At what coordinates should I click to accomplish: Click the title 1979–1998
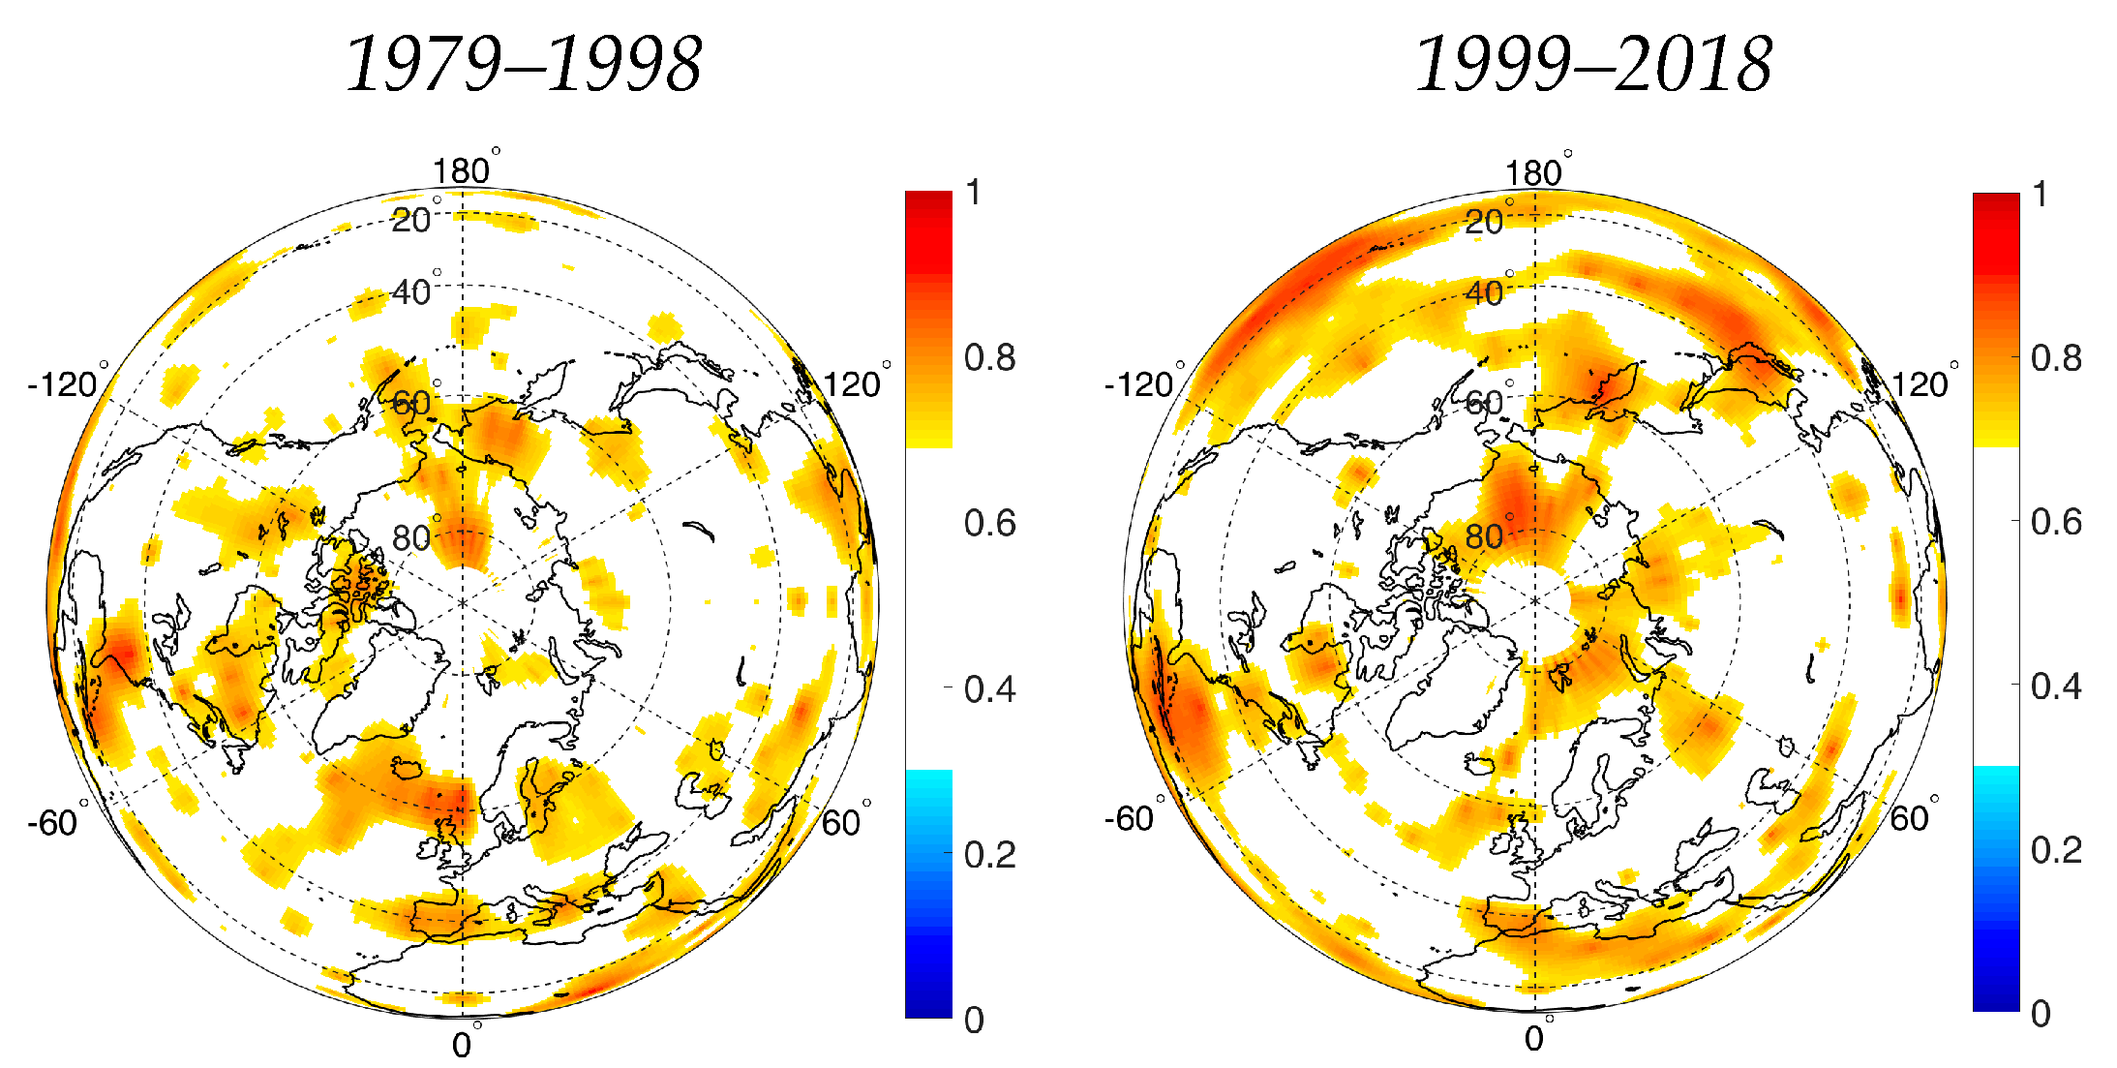click(524, 65)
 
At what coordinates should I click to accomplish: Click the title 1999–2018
click(1593, 65)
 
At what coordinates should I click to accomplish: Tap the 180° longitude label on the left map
click(463, 171)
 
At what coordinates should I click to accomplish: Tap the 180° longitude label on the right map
click(1534, 173)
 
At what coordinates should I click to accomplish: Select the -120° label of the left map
click(63, 384)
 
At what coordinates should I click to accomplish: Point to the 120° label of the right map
click(1920, 384)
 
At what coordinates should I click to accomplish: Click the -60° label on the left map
click(53, 823)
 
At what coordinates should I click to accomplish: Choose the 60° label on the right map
click(1910, 819)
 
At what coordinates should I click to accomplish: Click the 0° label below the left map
click(463, 1045)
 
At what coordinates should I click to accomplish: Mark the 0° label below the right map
click(1535, 1039)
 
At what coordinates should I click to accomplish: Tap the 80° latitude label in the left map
click(411, 537)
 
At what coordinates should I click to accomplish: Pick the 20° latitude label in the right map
click(1484, 222)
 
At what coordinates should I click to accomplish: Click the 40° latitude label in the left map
click(411, 291)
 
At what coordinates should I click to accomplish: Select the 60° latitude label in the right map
click(1484, 402)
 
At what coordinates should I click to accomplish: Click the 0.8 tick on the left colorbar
click(989, 357)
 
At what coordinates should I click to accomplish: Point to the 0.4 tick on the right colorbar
click(2056, 687)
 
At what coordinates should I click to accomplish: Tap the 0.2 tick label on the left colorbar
click(989, 854)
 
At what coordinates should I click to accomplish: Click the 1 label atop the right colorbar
click(2040, 195)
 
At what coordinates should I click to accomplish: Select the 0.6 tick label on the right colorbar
click(2056, 522)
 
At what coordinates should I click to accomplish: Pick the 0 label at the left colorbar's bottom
click(974, 1020)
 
